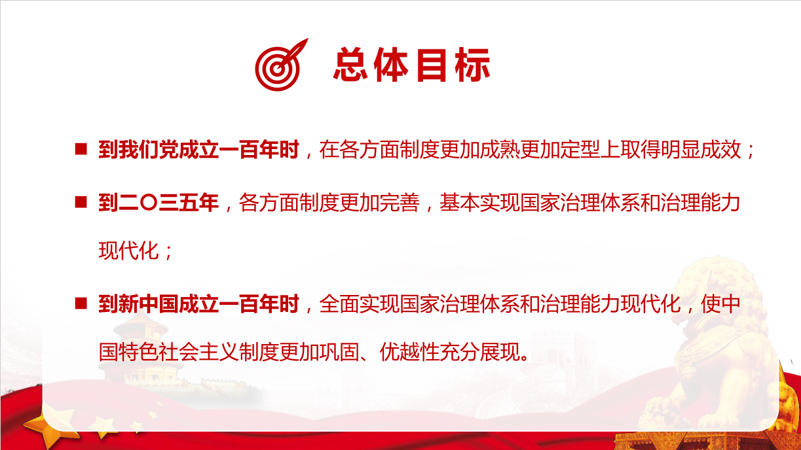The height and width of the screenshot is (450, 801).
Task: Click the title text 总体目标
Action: click(x=411, y=65)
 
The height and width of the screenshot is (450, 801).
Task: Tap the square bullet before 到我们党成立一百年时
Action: click(x=81, y=149)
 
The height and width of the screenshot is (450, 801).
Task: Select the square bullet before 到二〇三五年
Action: click(x=81, y=202)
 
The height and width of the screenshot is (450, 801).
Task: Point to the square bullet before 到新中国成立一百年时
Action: click(x=81, y=303)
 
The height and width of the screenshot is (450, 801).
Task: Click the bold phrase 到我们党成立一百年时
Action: click(x=199, y=149)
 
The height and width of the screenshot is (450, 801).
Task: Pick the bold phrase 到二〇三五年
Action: click(x=158, y=203)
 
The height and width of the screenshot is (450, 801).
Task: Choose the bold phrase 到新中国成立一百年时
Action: click(x=199, y=304)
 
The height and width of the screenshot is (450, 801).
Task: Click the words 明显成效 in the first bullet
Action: click(x=701, y=149)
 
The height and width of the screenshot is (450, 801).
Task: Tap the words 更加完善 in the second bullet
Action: click(x=379, y=203)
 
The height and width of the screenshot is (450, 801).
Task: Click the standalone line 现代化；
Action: click(x=136, y=251)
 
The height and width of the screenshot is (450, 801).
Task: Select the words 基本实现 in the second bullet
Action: click(x=479, y=203)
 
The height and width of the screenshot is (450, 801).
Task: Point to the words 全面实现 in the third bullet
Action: click(x=359, y=304)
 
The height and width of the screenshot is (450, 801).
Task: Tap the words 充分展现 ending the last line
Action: click(x=480, y=352)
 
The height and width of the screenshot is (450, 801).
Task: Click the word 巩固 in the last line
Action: click(x=339, y=352)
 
